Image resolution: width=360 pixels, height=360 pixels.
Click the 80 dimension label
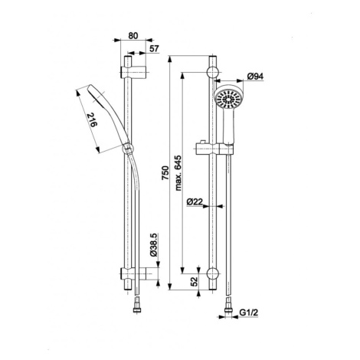coord(133,36)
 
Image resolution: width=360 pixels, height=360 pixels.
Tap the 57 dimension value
coord(154,48)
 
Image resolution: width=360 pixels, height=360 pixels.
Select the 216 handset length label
coord(92,120)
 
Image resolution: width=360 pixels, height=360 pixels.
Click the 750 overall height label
coord(165,173)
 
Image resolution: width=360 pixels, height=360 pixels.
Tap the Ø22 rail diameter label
coord(195,201)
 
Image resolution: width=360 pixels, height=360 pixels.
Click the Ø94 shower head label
coord(255,76)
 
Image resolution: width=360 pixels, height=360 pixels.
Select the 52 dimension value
coord(195,281)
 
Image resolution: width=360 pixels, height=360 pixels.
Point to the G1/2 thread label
coord(249,313)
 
